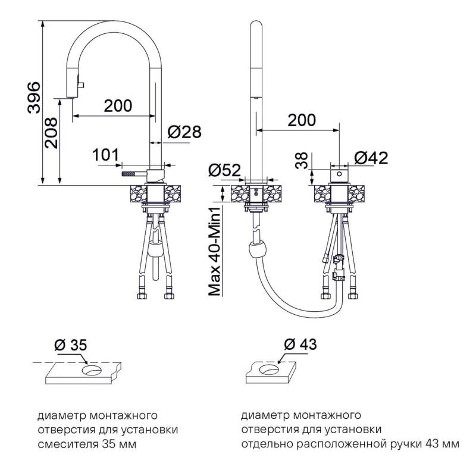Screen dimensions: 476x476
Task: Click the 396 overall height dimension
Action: (x=34, y=98)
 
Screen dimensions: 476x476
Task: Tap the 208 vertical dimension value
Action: (x=51, y=133)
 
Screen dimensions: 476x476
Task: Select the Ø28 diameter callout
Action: (x=184, y=132)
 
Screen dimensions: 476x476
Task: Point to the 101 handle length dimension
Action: (x=106, y=155)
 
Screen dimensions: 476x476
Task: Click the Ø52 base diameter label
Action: (x=224, y=170)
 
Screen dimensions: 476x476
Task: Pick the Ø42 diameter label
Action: (x=371, y=158)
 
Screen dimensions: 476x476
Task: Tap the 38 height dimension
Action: (x=302, y=161)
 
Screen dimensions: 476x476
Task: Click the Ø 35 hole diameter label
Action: (x=71, y=346)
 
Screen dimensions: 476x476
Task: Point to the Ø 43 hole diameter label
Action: (x=300, y=345)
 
